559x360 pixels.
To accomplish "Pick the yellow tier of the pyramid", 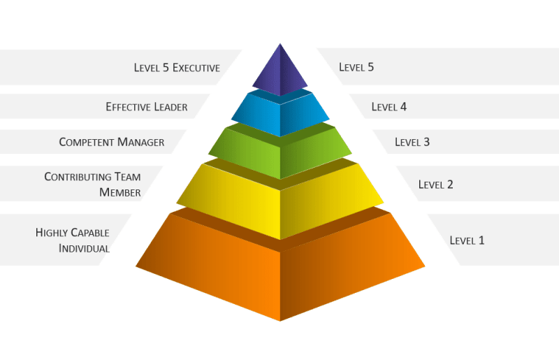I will [x=280, y=199].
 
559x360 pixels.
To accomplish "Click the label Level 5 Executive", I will [x=177, y=68].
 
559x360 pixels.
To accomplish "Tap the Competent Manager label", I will [x=112, y=142].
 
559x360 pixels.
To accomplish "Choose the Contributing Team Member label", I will [x=93, y=185].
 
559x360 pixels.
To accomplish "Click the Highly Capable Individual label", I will [x=73, y=240].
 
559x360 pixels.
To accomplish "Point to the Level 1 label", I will [x=467, y=240].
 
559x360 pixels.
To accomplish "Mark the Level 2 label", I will [x=435, y=185].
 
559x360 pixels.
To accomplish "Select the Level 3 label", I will [x=412, y=142].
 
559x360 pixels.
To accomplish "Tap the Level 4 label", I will [x=389, y=107].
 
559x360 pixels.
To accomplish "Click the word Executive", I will [x=196, y=68].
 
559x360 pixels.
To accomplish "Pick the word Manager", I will [x=140, y=142].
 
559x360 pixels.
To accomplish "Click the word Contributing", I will [x=75, y=177].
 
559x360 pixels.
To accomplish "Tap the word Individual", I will [x=84, y=249].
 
